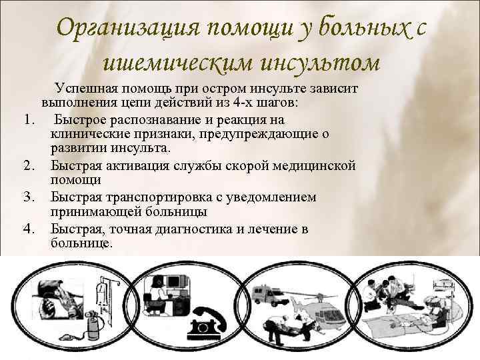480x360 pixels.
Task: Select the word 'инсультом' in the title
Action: coord(321,63)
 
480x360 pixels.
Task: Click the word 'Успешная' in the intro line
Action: coord(87,89)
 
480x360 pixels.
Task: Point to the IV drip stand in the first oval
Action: coord(100,293)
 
